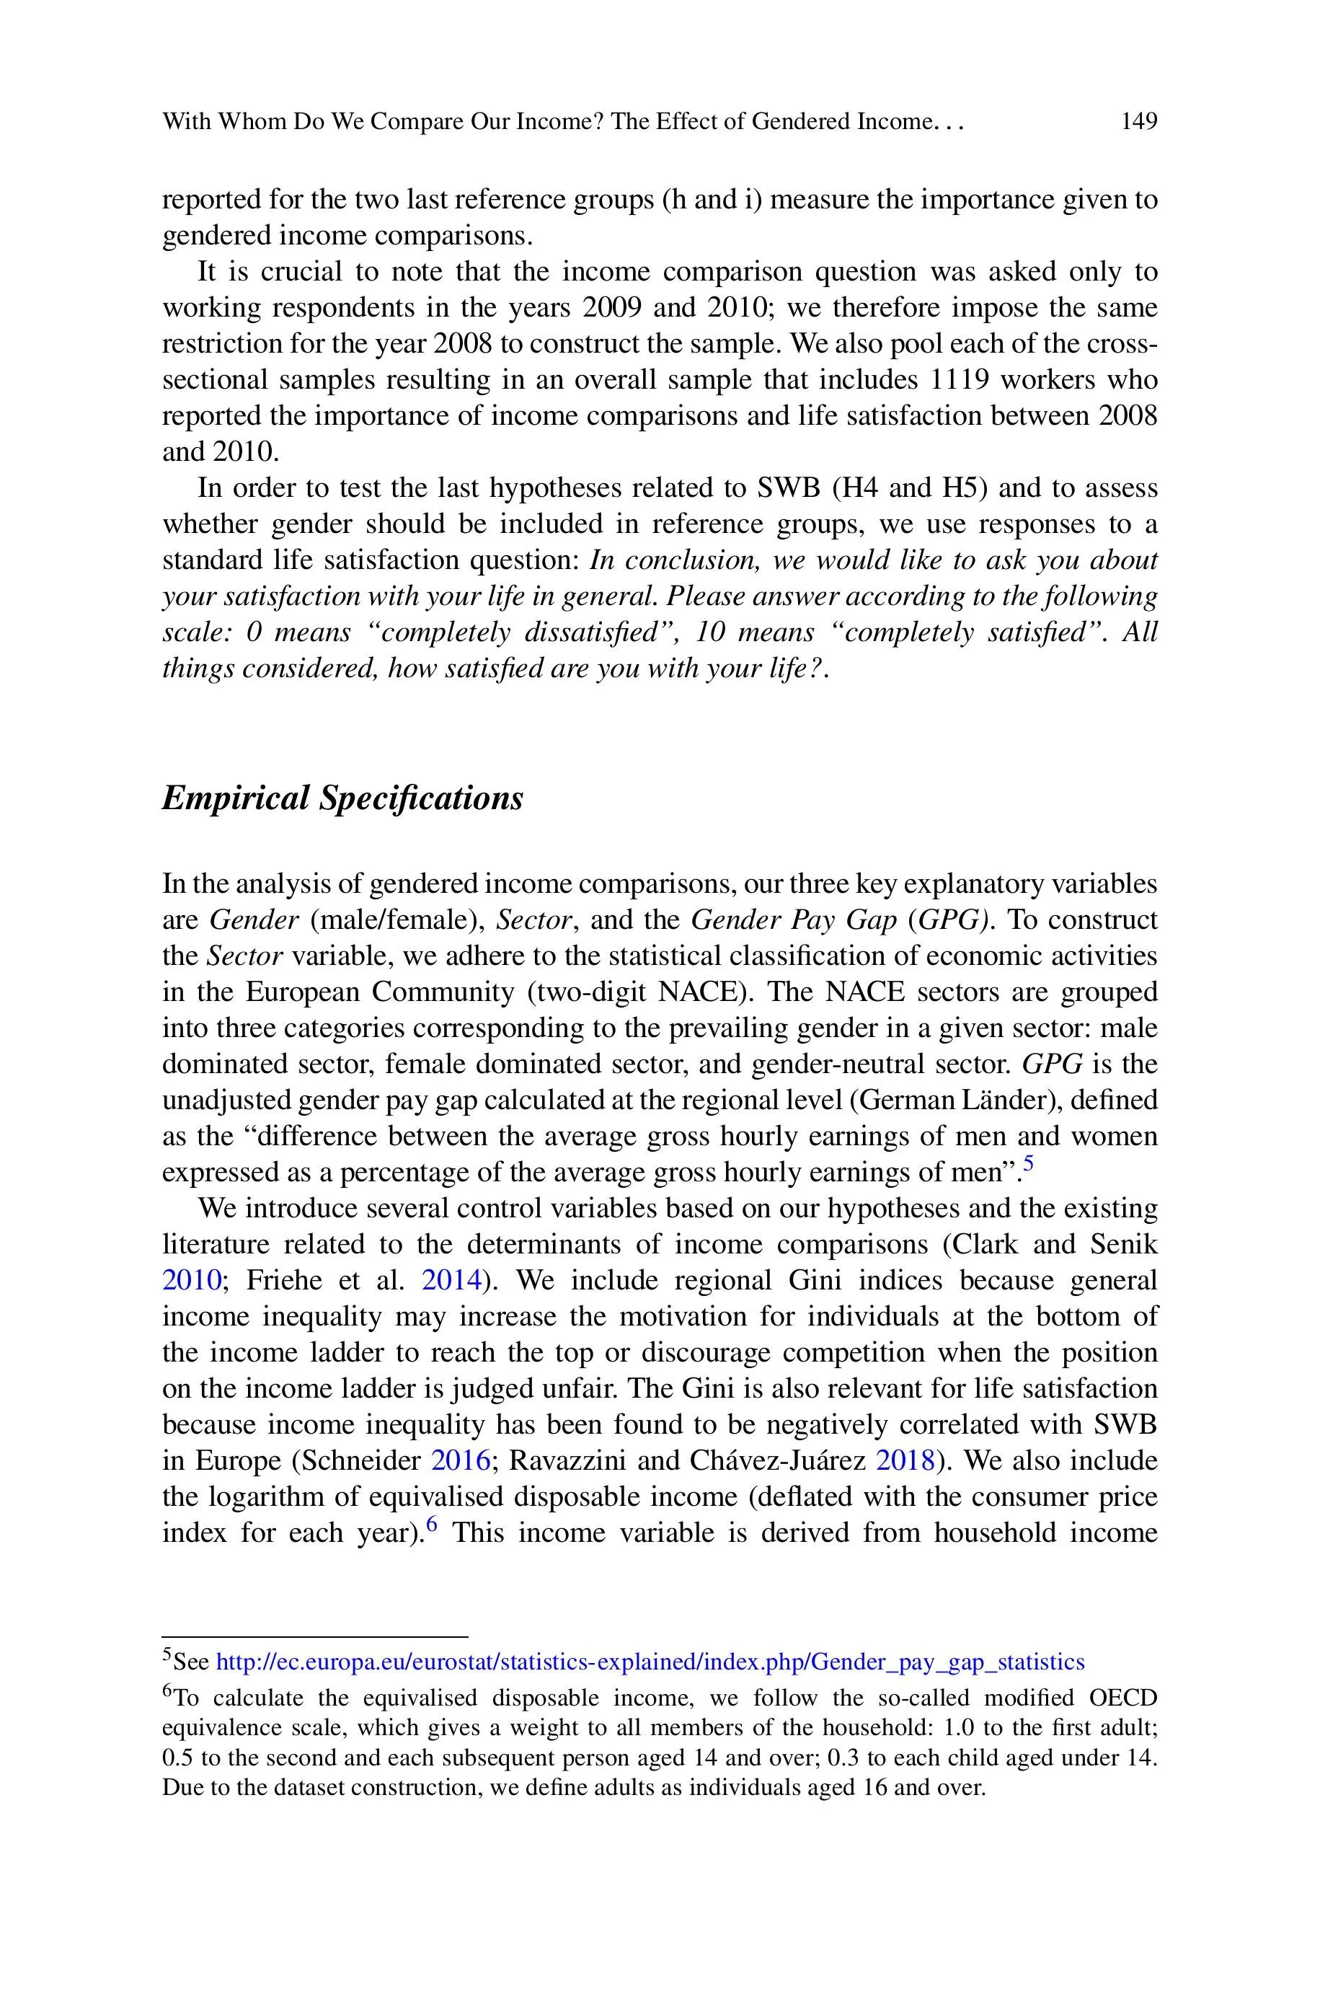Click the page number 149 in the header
point(1139,122)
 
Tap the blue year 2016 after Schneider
point(461,1460)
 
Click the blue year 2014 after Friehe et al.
point(451,1281)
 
